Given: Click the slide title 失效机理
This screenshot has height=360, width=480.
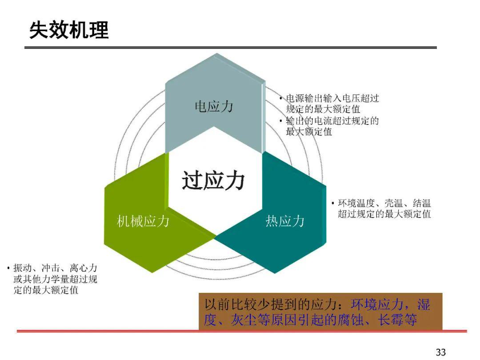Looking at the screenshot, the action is coord(69,30).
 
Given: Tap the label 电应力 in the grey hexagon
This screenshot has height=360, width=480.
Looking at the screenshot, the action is coord(214,107).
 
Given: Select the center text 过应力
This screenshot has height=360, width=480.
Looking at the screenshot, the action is coord(213,180).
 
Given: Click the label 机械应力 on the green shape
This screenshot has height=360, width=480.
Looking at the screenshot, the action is coord(143,221).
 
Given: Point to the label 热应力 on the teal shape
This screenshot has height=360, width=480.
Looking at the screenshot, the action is coord(285,221).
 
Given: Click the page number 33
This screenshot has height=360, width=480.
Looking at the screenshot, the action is coord(440,352).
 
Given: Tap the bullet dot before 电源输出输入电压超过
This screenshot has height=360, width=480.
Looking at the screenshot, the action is coord(281,98).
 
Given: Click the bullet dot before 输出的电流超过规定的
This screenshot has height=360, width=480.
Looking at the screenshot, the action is coord(281,121).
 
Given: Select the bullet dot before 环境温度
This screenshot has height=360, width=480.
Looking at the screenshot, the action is coord(333,203).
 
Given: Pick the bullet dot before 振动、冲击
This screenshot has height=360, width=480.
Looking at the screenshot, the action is coord(8,268).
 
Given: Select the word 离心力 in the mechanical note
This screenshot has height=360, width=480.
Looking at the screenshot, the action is coord(83,268).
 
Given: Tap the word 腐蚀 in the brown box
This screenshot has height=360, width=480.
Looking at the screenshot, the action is coord(351,320).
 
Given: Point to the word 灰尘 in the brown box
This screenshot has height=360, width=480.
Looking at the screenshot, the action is coord(244,320).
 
